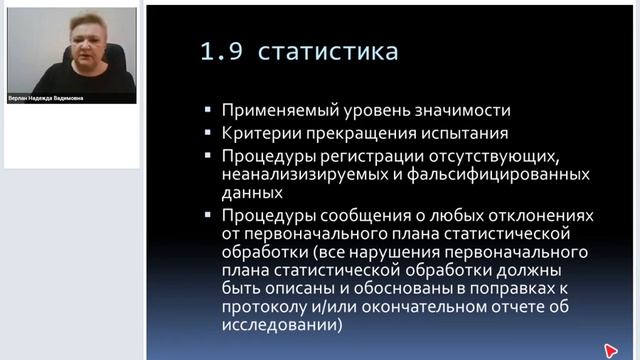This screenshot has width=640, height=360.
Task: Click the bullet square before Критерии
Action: tap(205, 133)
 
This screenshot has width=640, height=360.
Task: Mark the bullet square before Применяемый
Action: tap(205, 111)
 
